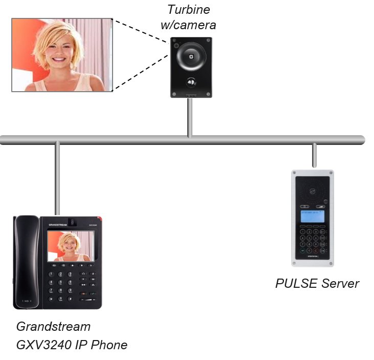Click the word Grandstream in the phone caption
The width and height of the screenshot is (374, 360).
[53, 327]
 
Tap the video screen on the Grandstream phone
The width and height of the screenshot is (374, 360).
[71, 246]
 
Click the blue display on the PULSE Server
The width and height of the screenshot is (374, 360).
[309, 217]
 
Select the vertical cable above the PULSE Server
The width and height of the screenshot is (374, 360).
[314, 156]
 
